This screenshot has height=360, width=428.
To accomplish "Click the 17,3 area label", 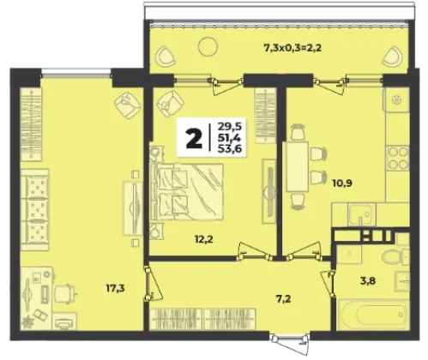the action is click(116, 289).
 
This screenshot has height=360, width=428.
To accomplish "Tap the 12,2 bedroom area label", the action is click(203, 240).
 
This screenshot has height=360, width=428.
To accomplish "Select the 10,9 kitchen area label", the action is click(342, 183).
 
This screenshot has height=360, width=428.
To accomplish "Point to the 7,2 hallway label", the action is click(283, 299).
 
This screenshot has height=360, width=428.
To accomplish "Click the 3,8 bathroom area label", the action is click(368, 281).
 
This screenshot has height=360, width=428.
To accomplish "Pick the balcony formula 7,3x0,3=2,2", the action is click(292, 48).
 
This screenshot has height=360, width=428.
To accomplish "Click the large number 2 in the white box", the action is click(194, 138).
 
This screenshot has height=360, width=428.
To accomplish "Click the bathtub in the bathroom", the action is click(373, 315).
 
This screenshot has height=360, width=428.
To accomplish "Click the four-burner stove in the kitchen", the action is click(397, 158).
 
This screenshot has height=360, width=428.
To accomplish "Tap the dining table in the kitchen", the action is click(298, 167).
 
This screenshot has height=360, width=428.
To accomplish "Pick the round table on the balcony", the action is click(208, 46).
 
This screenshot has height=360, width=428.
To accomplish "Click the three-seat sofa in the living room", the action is click(35, 209).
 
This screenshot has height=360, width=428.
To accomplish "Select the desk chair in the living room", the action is click(65, 293).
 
